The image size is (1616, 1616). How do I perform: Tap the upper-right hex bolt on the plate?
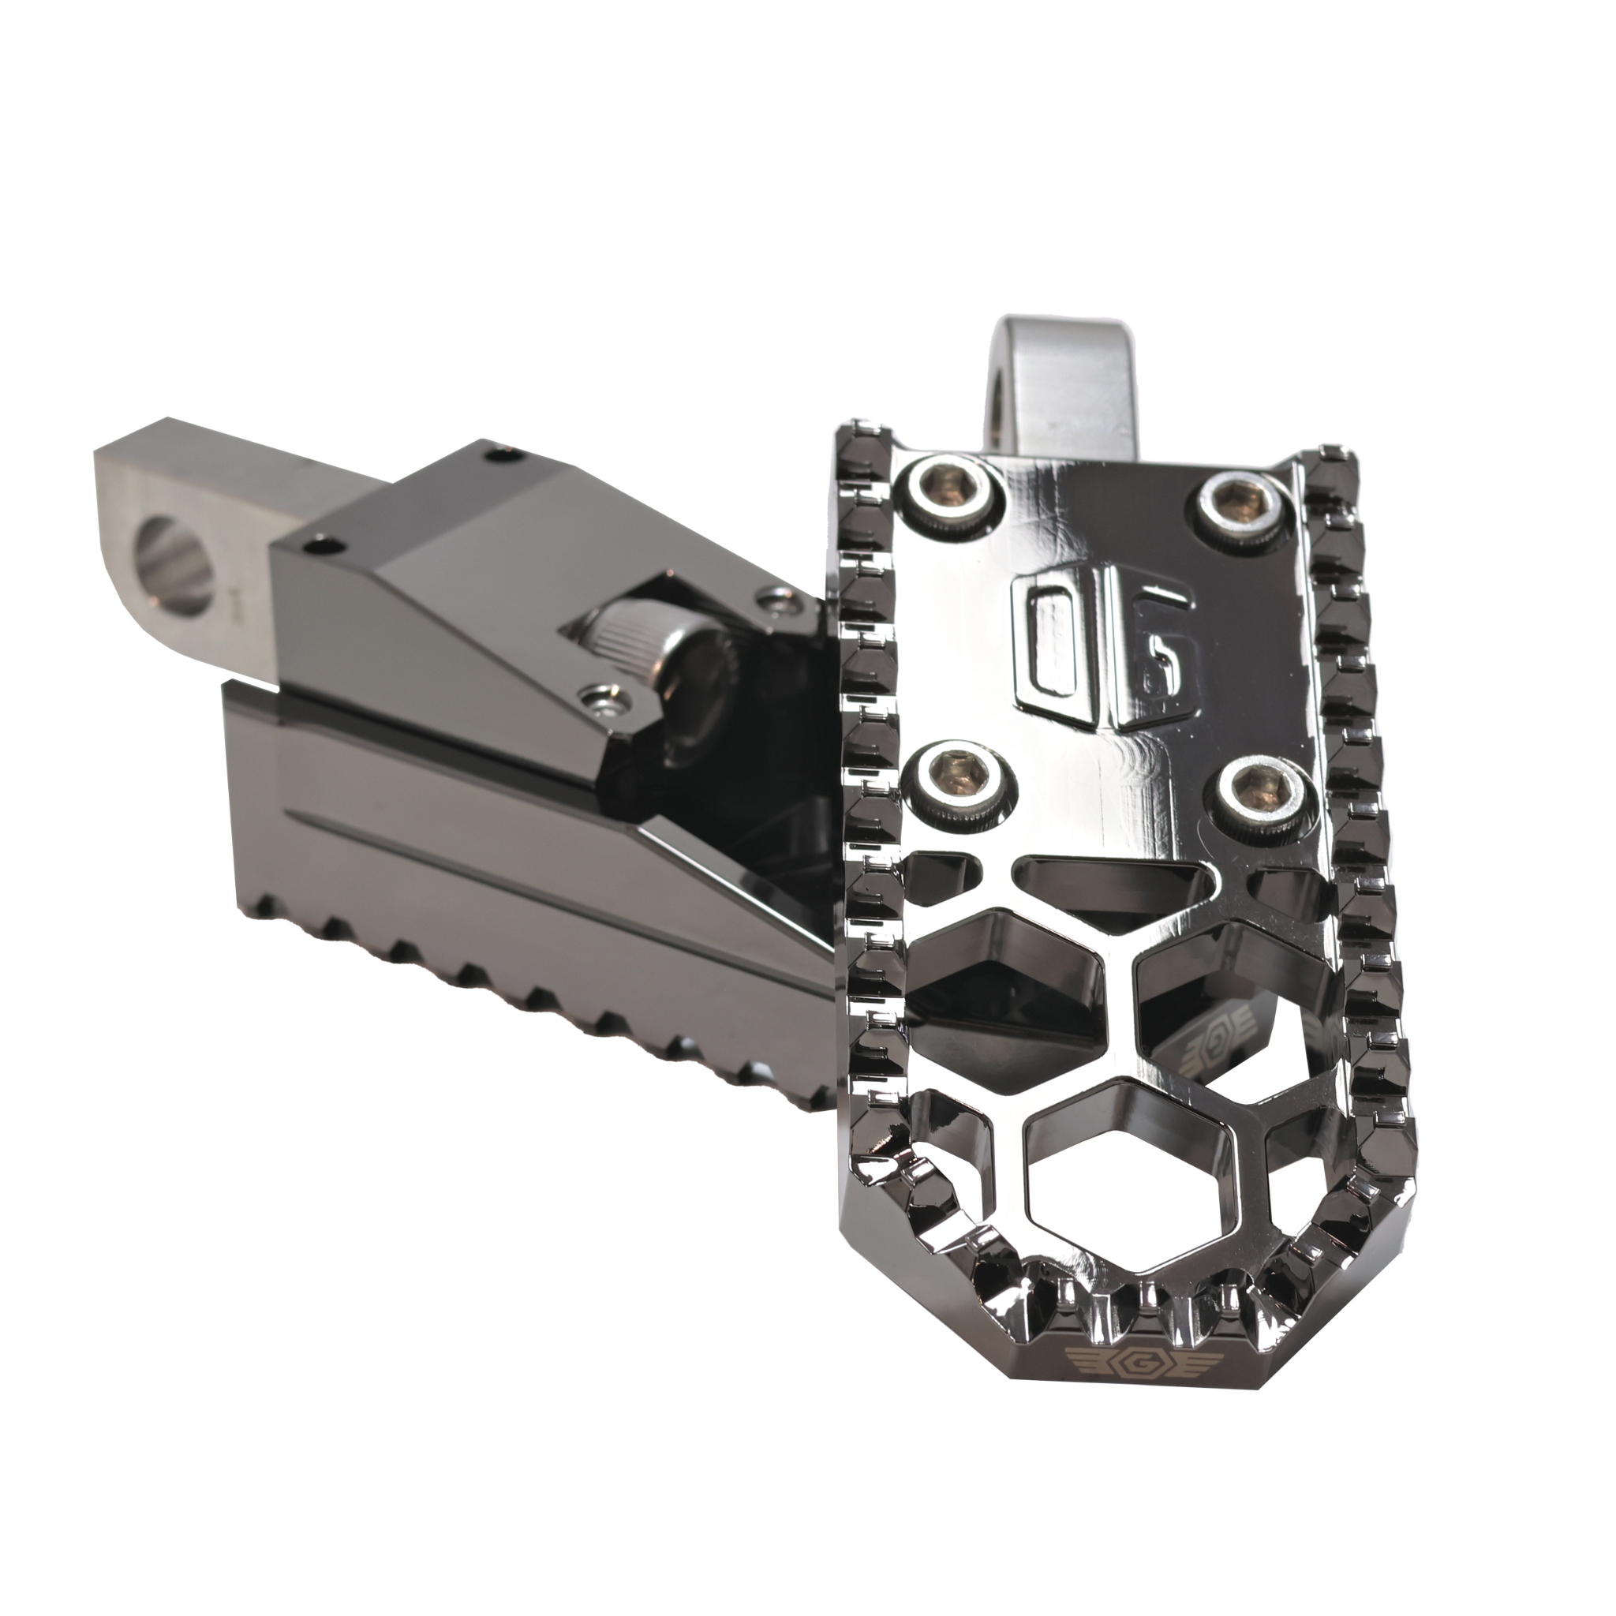[1235, 505]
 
